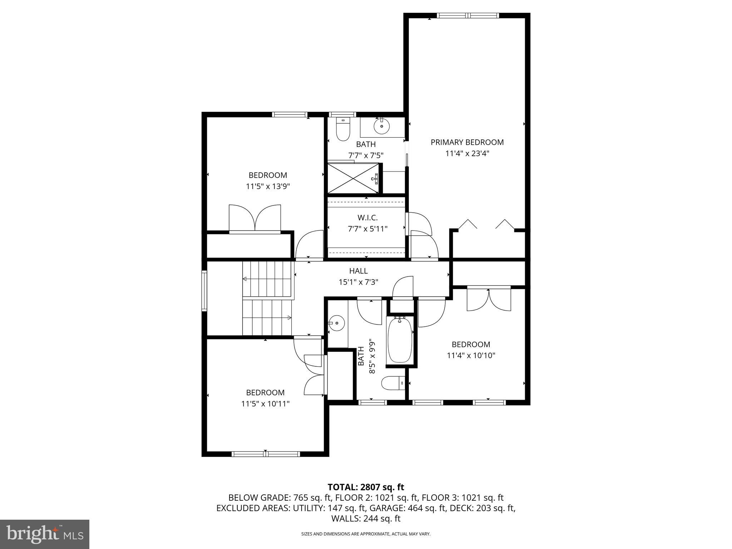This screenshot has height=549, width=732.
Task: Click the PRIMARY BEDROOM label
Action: pyautogui.click(x=467, y=142)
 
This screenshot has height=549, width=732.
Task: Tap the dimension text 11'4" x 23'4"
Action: pyautogui.click(x=467, y=154)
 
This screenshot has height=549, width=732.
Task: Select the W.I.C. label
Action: pyautogui.click(x=367, y=218)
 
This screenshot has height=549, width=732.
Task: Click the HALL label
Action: pyautogui.click(x=358, y=271)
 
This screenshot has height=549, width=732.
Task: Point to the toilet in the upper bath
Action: pyautogui.click(x=343, y=130)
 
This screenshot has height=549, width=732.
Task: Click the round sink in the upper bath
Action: pyautogui.click(x=381, y=126)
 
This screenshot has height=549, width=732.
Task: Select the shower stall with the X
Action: pyautogui.click(x=353, y=178)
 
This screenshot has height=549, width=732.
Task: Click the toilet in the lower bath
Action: pyautogui.click(x=393, y=384)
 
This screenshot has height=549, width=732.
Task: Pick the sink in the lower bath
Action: pyautogui.click(x=336, y=323)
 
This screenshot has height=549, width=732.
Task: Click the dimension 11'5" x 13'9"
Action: pyautogui.click(x=268, y=187)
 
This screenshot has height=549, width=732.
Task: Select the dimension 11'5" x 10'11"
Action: pyautogui.click(x=265, y=404)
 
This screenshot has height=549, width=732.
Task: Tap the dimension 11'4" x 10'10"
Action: pyautogui.click(x=471, y=356)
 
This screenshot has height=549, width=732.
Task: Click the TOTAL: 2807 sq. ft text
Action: pyautogui.click(x=366, y=487)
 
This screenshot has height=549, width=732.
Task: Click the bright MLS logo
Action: pyautogui.click(x=45, y=534)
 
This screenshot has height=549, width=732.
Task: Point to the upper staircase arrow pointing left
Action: pyautogui.click(x=245, y=279)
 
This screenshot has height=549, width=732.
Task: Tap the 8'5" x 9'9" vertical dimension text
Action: pyautogui.click(x=372, y=356)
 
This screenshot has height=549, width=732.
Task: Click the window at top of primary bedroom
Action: pyautogui.click(x=468, y=15)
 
